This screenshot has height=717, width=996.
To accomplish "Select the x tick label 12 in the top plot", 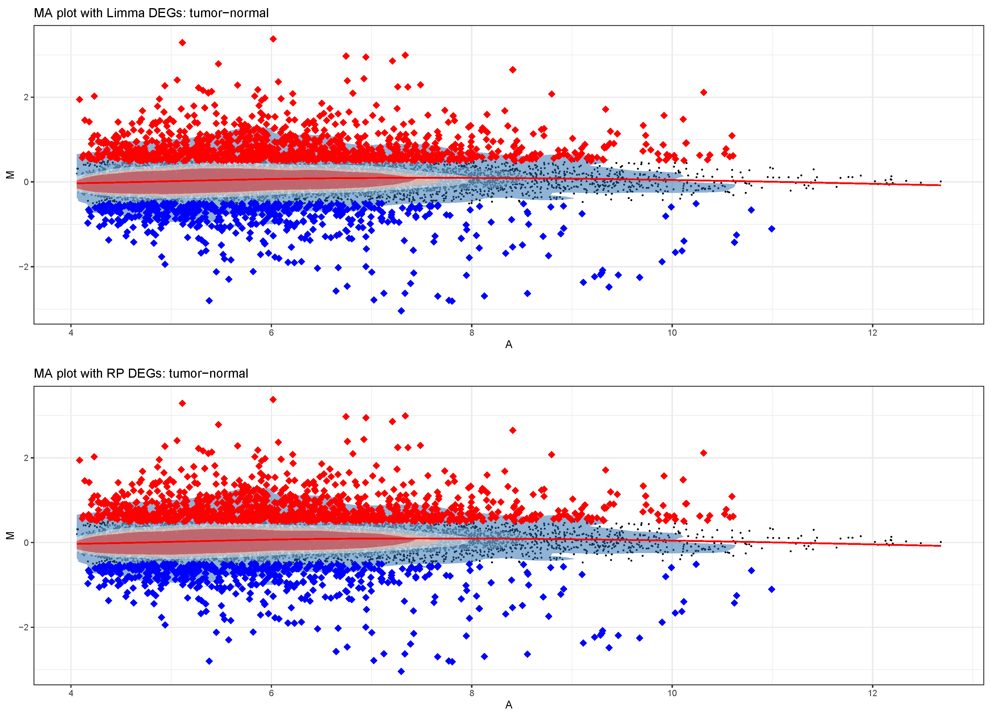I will [872, 333].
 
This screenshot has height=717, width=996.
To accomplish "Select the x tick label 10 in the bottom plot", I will [672, 693].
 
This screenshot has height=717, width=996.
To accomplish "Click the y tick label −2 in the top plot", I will [23, 267].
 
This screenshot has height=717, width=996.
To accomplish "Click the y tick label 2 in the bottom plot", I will [26, 458].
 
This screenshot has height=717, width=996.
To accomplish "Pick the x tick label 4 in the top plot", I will [71, 333].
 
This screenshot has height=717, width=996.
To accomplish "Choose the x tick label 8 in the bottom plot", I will [472, 693].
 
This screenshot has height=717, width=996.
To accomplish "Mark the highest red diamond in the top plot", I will [273, 39].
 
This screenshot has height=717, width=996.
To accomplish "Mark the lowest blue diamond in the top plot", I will [401, 311].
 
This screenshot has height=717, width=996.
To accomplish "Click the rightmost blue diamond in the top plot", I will [772, 229].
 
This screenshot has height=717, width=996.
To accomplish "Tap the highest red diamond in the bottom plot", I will [273, 399].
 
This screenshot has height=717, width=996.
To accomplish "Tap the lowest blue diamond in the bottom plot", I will [401, 671].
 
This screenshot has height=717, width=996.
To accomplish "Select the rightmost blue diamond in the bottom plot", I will [772, 589].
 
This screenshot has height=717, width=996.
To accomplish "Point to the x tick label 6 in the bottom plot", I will [271, 693].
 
